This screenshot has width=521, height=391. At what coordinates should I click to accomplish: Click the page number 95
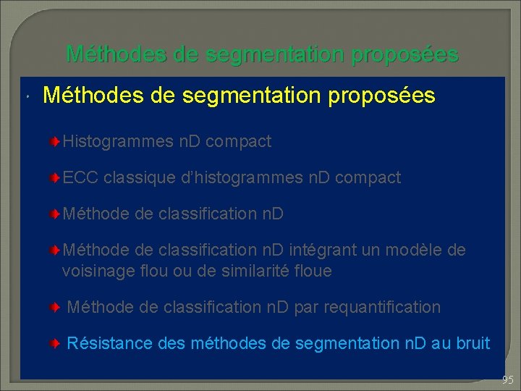click(x=507, y=379)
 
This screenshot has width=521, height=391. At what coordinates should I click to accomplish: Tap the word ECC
click(x=81, y=177)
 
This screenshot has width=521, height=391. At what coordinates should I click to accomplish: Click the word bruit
click(x=472, y=343)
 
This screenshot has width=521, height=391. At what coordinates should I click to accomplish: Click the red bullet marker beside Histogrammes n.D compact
click(x=56, y=142)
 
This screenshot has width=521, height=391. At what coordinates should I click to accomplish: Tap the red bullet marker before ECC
click(x=56, y=178)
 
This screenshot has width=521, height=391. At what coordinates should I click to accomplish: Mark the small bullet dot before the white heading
click(x=26, y=97)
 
